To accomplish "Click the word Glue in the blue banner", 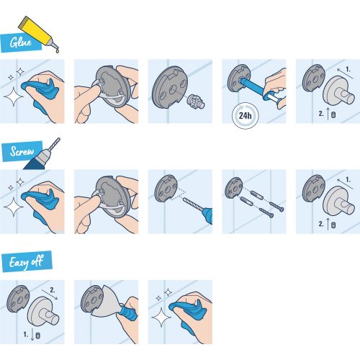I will pyautogui.click(x=19, y=42).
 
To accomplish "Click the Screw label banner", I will pyautogui.click(x=22, y=153).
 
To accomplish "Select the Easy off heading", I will pyautogui.click(x=26, y=261).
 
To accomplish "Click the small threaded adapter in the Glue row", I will pyautogui.click(x=192, y=103).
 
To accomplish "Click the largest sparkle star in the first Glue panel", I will pyautogui.click(x=12, y=96).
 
